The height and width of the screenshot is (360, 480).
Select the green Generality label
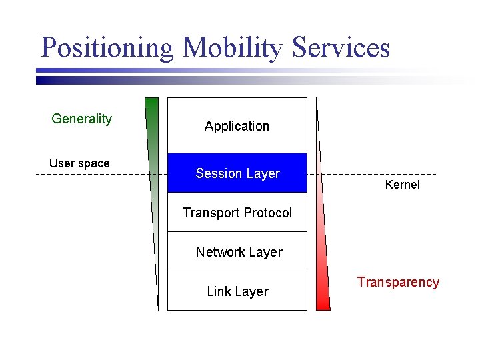click(81, 119)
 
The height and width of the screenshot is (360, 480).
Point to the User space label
click(79, 163)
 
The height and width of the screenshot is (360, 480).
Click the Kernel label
click(403, 185)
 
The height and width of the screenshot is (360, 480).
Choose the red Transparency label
click(398, 282)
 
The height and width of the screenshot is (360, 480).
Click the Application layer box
click(237, 126)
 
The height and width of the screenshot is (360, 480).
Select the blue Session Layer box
click(237, 173)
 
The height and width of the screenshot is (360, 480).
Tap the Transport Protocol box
click(237, 213)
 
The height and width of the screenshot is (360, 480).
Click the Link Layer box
click(237, 291)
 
